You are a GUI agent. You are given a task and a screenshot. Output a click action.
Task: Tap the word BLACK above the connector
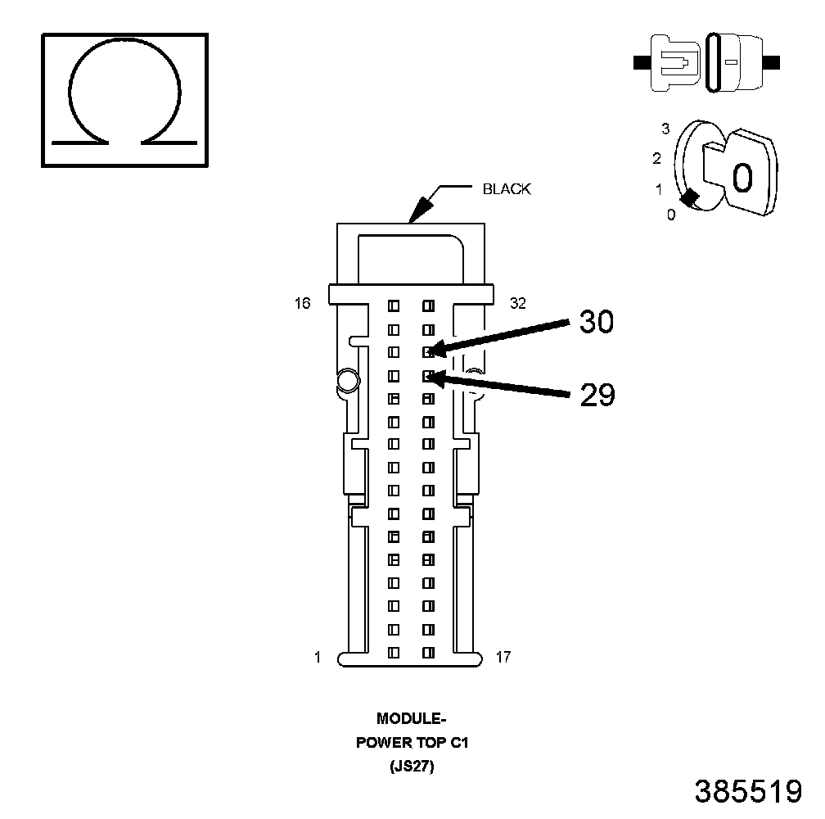click(507, 189)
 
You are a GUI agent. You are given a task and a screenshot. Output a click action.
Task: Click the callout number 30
click(596, 323)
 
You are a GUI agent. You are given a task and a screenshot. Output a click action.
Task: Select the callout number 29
click(597, 396)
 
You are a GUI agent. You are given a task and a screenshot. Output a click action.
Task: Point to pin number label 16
click(303, 304)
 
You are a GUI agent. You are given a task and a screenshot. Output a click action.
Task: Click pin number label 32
click(517, 304)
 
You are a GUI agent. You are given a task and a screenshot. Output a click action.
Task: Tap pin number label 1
click(318, 657)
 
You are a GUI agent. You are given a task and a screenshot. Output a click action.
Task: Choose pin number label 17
click(503, 657)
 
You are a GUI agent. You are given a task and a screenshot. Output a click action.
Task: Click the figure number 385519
click(747, 791)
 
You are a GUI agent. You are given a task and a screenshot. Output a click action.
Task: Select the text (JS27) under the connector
click(412, 767)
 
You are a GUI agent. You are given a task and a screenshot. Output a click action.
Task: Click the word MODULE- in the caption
click(412, 718)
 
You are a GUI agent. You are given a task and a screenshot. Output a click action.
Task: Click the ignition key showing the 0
click(742, 174)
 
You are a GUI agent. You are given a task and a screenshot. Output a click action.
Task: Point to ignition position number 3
click(665, 129)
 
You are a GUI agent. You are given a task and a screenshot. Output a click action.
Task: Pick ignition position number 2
click(656, 158)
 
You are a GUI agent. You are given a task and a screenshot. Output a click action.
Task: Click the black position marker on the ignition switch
click(690, 197)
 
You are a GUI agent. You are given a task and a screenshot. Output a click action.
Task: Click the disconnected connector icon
click(707, 61)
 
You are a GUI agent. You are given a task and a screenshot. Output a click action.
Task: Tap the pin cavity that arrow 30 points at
click(427, 352)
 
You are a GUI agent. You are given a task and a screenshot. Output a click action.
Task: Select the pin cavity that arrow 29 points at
click(427, 376)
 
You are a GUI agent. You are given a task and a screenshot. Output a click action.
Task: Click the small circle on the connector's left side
click(346, 379)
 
